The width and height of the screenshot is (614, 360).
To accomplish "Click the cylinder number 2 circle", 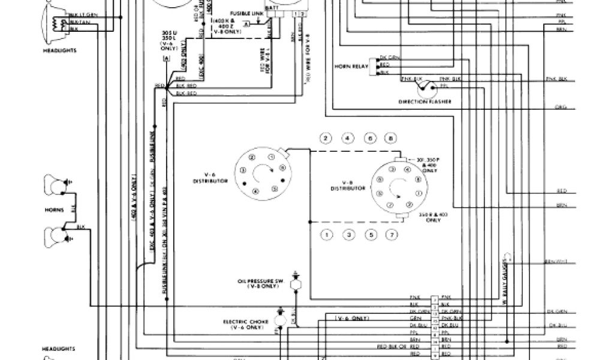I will coord(326,139).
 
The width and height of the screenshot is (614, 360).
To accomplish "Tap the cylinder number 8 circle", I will coord(390,139).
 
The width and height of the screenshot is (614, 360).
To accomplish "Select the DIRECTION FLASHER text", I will coord(425,102).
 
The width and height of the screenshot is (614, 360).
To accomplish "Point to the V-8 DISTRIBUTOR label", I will coord(348,185).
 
